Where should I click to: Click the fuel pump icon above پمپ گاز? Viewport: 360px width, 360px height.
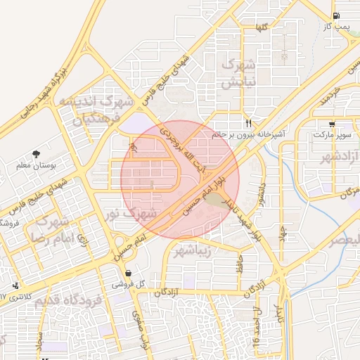pos(335,16)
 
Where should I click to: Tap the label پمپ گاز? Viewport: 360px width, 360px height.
pos(335,26)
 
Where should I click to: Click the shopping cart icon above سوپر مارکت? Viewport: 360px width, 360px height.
pos(333,124)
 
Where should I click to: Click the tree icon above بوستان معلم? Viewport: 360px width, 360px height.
pos(36,153)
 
